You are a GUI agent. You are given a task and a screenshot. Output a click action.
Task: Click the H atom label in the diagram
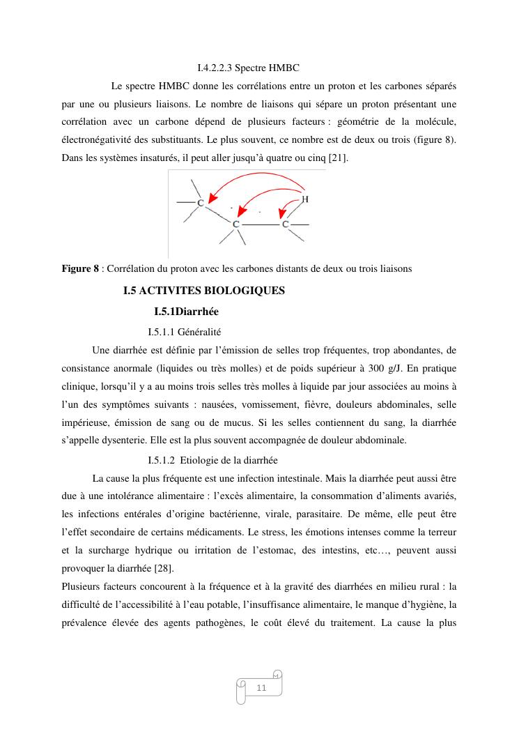(x=305, y=199)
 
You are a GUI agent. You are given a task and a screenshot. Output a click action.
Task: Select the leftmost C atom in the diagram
(x=201, y=203)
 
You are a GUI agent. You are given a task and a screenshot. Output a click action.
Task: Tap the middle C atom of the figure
(x=236, y=224)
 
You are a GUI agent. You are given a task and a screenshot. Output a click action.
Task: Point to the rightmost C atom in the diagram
(x=286, y=224)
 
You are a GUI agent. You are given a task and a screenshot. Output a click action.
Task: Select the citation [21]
(x=336, y=159)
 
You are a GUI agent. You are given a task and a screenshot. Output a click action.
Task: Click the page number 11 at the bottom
(x=262, y=688)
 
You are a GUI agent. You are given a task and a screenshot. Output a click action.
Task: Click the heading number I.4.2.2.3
(x=215, y=68)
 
